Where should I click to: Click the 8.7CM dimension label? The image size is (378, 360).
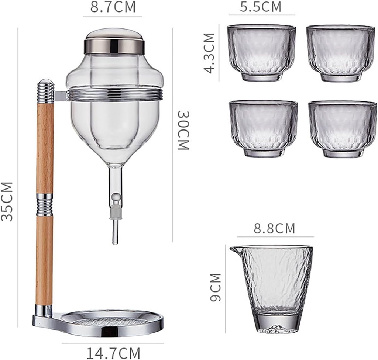(x=113, y=7)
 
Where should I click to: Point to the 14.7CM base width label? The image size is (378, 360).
(x=113, y=353)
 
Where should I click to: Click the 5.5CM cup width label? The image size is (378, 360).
(x=260, y=7)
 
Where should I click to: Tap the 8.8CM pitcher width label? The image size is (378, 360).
(x=274, y=228)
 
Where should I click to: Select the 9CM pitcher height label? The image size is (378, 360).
(x=216, y=287)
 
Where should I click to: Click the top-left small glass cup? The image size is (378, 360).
(x=261, y=52)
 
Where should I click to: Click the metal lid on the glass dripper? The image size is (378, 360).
(x=114, y=41)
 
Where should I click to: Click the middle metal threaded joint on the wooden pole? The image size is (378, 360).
(x=44, y=205)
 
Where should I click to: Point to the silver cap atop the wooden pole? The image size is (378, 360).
(x=46, y=90)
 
